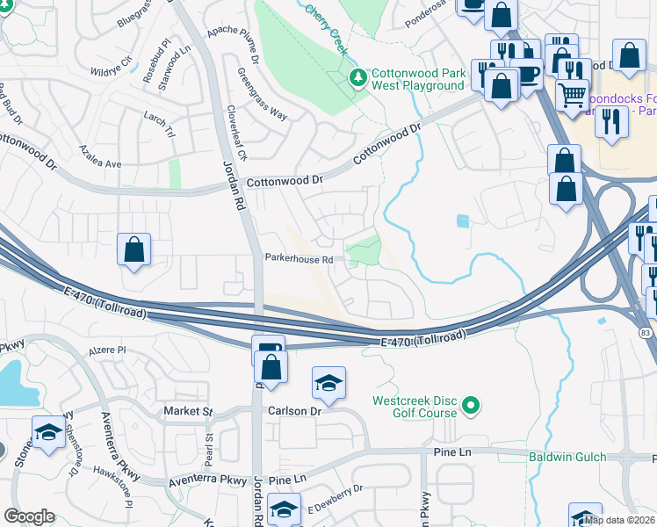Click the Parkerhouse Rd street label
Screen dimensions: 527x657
point(299,259)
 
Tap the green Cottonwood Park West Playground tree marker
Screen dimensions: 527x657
point(357,78)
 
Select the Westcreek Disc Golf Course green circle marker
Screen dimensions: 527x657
point(471,405)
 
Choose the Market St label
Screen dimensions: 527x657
point(188,411)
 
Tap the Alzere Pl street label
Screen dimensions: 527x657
point(109,349)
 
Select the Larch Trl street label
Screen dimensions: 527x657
point(161,116)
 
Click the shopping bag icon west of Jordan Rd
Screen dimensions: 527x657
point(134,249)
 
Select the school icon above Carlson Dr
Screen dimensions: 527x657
point(328,383)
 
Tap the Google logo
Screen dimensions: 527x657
point(29,516)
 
